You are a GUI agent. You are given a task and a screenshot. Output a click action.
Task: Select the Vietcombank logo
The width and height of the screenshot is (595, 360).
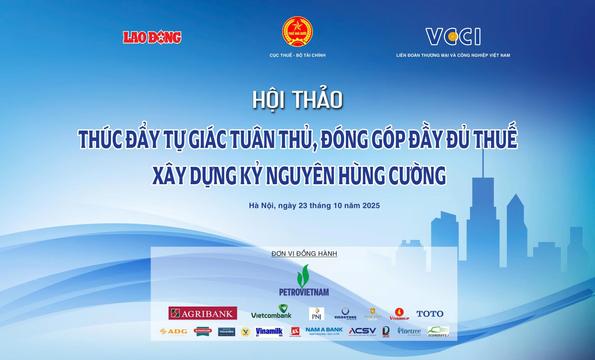pyautogui.click(x=271, y=314)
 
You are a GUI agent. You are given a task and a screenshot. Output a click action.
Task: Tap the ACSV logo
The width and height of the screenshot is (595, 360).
pyautogui.click(x=363, y=331)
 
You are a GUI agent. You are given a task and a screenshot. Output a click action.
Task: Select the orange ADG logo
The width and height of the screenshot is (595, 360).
pyautogui.click(x=173, y=331)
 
